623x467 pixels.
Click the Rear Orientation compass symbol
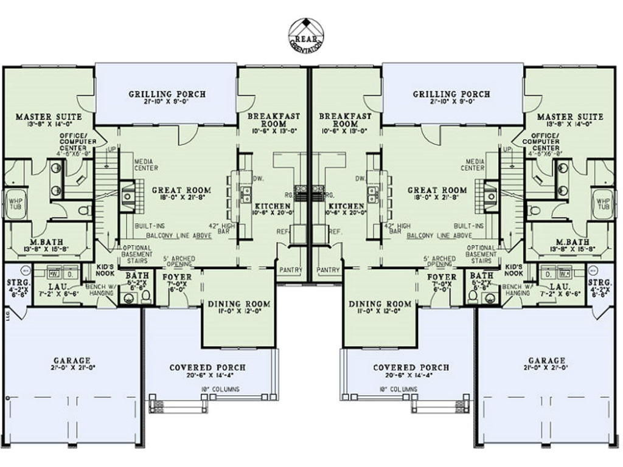point(306,34)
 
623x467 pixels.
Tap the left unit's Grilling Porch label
point(167,94)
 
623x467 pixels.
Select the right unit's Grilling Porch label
point(451,94)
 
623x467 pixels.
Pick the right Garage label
point(546,361)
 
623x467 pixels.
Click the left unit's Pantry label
point(291,269)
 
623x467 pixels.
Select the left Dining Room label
point(238,304)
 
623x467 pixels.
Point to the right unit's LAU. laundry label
point(559,286)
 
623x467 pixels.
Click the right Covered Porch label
point(411,368)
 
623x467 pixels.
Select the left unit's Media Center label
point(146,164)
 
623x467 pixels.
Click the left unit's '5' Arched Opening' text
point(179,261)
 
